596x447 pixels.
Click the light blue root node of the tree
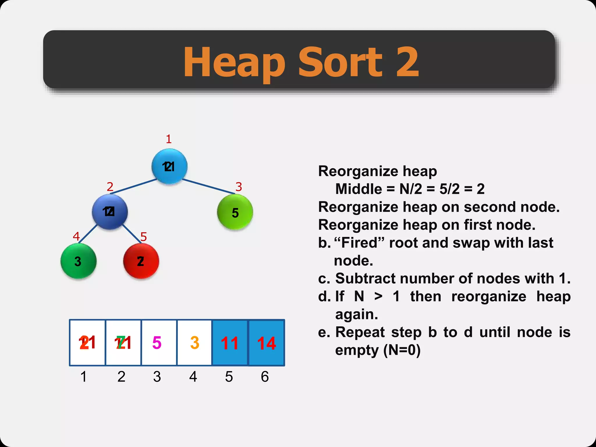point(169,166)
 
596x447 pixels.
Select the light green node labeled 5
point(235,212)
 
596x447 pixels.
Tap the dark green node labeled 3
point(78,261)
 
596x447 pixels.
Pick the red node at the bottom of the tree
point(141,261)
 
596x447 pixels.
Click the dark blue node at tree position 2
point(110,212)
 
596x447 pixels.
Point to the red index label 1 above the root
point(169,139)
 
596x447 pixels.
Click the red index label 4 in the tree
point(76,236)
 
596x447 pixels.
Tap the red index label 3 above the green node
point(239,187)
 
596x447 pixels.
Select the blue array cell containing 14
point(266,343)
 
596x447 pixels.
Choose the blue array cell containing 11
point(230,343)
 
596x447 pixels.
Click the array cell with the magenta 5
point(159,343)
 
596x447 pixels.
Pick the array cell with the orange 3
point(194,343)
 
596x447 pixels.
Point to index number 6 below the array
point(265,377)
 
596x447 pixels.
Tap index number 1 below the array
point(84,377)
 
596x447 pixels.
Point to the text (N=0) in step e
point(402,350)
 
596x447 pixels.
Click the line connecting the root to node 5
point(208,187)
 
